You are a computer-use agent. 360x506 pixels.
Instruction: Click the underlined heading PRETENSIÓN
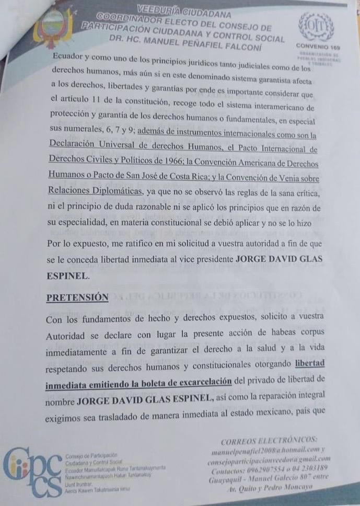(x=77, y=297)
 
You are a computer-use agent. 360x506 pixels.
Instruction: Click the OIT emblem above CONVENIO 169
(x=316, y=26)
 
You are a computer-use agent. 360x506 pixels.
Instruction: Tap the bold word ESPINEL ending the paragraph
(x=67, y=274)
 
